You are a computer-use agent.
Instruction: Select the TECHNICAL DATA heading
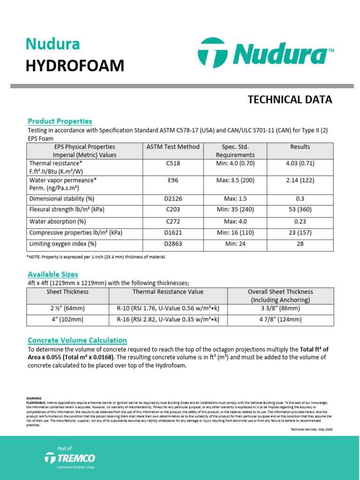click(290, 99)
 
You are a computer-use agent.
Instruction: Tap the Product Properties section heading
click(60, 121)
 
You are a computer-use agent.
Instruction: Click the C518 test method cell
click(173, 164)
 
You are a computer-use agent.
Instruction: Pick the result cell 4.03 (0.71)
click(300, 164)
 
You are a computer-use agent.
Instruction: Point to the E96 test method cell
click(173, 180)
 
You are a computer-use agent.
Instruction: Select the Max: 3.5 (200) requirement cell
click(235, 180)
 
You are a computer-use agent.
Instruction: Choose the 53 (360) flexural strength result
click(300, 210)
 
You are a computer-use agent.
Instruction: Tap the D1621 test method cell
click(173, 232)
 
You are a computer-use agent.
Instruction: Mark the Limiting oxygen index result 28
click(300, 244)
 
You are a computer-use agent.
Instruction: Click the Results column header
click(300, 147)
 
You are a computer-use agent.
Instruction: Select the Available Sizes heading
click(53, 274)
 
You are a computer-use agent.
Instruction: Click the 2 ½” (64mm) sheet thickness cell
click(67, 309)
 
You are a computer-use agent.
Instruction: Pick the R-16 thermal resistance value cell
click(168, 320)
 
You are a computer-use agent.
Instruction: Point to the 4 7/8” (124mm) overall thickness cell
click(281, 320)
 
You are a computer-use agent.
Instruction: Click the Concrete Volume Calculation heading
click(77, 340)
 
